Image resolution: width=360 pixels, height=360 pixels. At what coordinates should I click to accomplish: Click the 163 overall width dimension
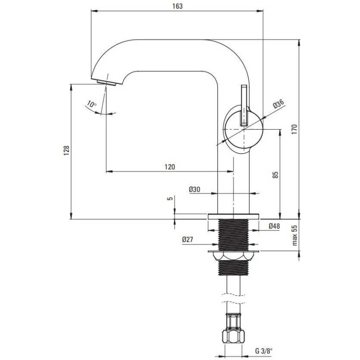(x=178, y=6)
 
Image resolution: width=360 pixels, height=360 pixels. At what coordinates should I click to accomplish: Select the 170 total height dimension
(x=295, y=129)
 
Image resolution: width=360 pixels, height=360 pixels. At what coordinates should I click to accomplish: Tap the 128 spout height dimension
(x=66, y=151)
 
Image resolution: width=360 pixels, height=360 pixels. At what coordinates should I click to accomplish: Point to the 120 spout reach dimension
(x=170, y=167)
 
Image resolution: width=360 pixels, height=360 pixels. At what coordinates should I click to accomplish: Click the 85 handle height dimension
(x=275, y=175)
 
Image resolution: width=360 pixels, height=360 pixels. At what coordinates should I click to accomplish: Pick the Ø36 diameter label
(x=279, y=104)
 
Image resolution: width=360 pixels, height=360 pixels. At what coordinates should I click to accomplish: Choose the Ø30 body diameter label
(x=194, y=189)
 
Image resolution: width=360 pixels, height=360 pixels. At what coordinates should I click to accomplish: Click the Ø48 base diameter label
(x=274, y=226)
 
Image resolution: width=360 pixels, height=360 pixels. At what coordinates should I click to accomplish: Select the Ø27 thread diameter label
(x=188, y=240)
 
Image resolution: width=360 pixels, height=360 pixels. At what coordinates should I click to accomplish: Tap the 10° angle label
(x=92, y=105)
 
